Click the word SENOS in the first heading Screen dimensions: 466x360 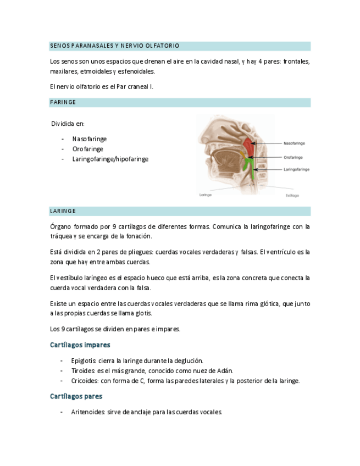tap(59, 46)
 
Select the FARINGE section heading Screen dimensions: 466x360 tap(63, 102)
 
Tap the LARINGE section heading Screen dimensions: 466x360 tap(63, 211)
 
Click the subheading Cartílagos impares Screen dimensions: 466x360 tap(80, 345)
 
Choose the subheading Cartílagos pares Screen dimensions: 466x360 tap(76, 396)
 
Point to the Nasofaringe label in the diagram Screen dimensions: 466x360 tap(294, 143)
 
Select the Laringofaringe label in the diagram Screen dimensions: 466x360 tap(296, 170)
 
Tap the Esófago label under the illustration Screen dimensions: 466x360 tap(292, 195)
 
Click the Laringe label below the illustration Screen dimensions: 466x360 tap(205, 195)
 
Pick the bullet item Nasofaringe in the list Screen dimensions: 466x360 tap(89, 139)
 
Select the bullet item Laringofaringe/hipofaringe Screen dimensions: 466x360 tap(110, 159)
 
